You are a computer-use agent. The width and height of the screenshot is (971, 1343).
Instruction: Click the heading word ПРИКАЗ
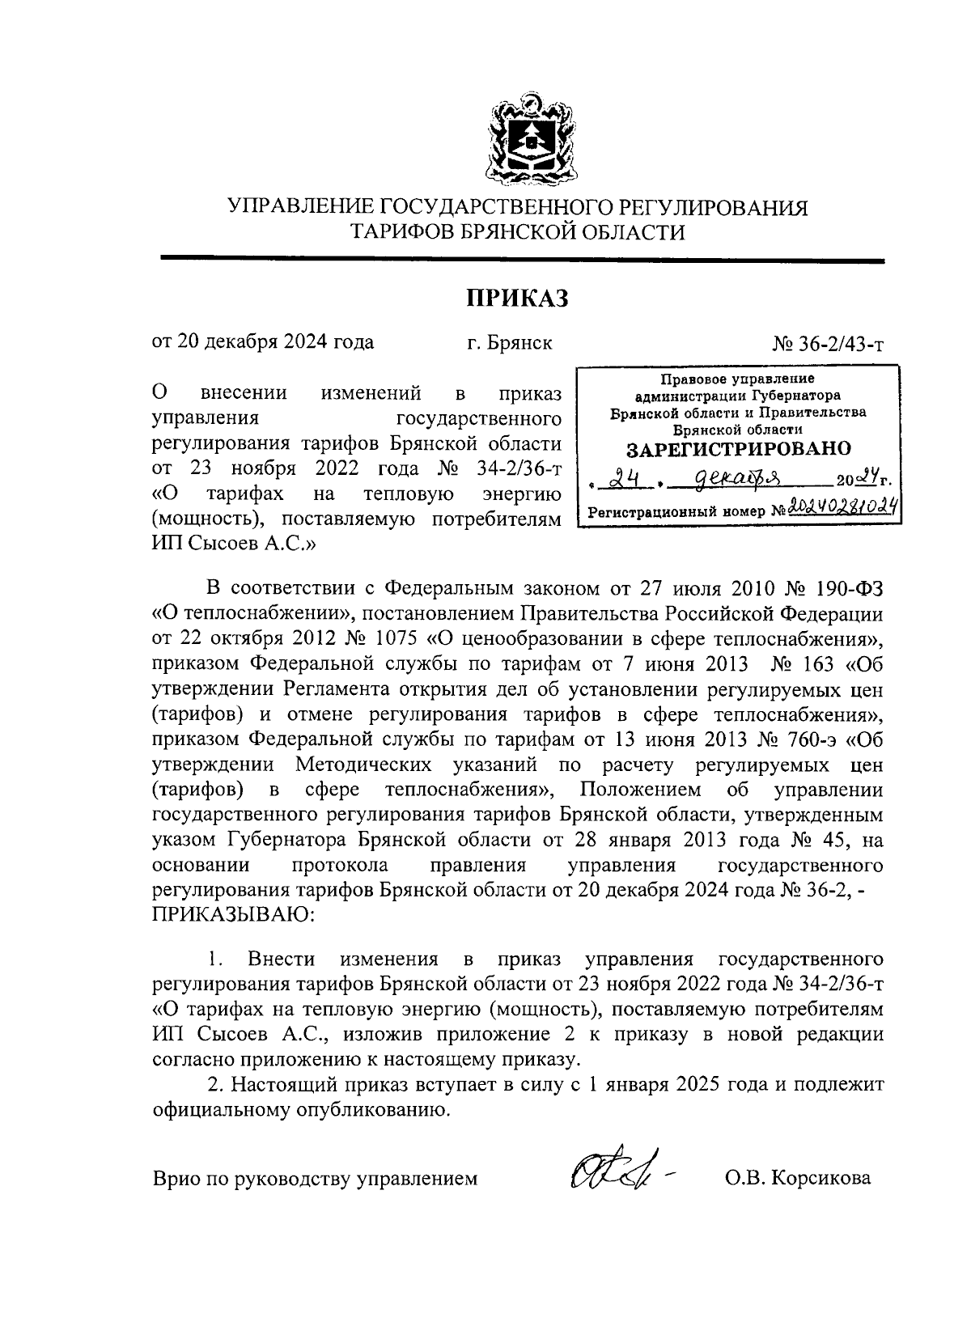point(517,299)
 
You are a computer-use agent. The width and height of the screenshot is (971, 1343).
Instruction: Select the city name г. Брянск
point(510,342)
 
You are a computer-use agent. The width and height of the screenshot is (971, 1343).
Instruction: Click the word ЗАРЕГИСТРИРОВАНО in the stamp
point(740,448)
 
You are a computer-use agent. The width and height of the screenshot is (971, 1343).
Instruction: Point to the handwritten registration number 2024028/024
point(843,507)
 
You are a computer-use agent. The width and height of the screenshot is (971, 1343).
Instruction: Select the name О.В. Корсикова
point(798,1178)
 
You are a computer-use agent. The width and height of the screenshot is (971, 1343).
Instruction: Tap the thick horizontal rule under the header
point(522,258)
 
